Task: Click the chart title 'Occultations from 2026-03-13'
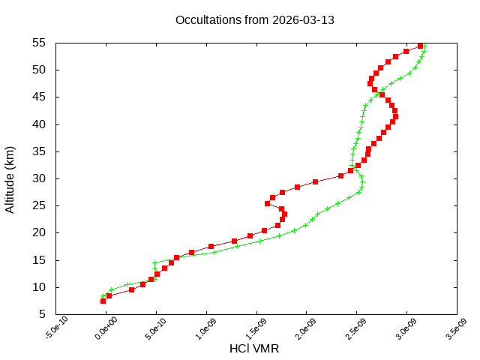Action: (x=254, y=19)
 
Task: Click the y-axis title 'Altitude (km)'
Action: (x=10, y=179)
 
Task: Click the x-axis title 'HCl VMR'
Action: (x=254, y=349)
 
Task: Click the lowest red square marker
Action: (x=103, y=301)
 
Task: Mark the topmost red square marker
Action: (x=421, y=46)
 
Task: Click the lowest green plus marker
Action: (x=103, y=295)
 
